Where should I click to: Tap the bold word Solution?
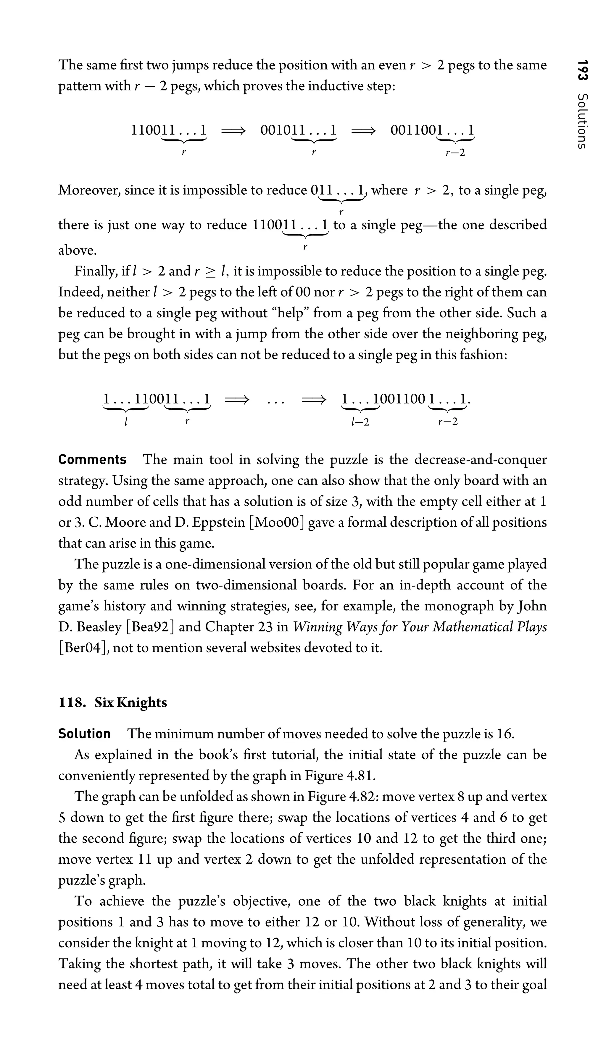click(85, 734)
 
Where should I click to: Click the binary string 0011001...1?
click(432, 130)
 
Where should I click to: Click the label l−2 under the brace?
click(360, 422)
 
